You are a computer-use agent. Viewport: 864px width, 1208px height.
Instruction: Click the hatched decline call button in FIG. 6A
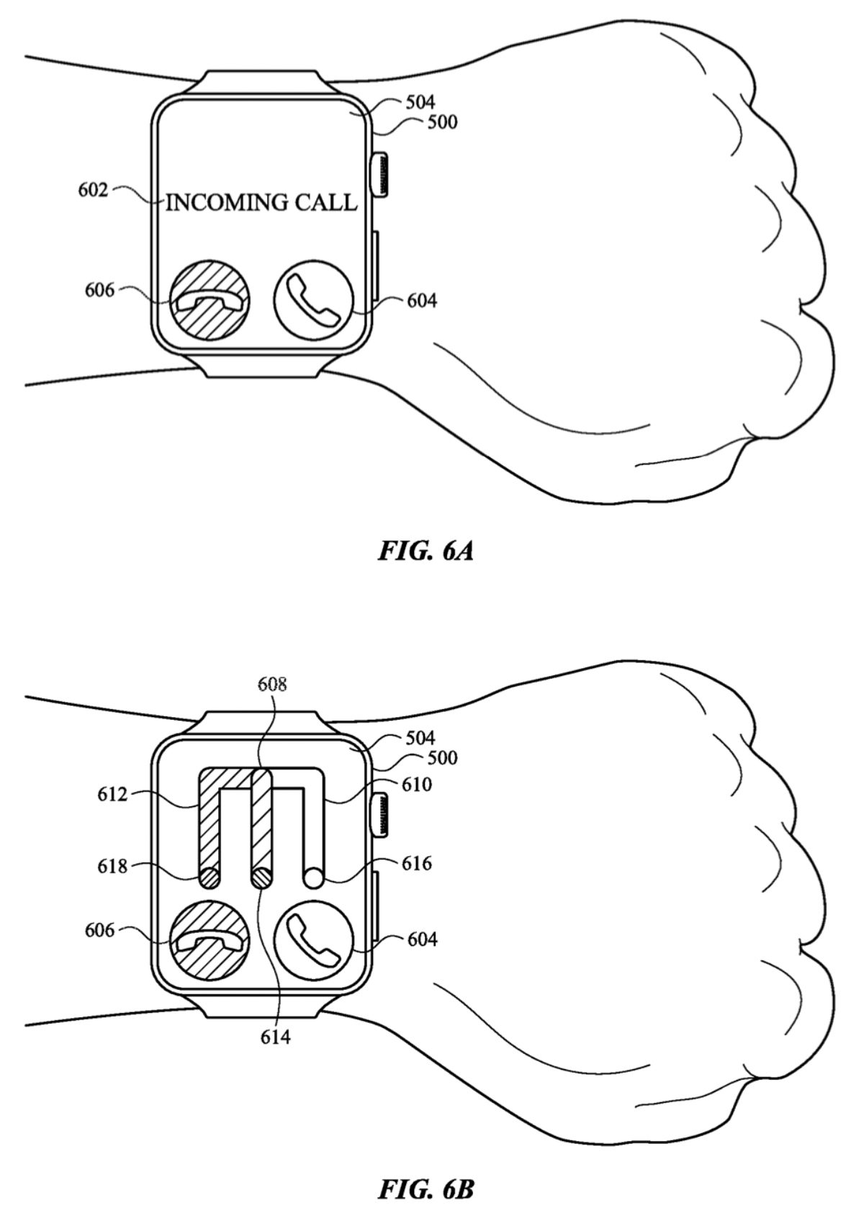[210, 300]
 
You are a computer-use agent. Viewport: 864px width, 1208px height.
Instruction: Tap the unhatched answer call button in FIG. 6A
[314, 300]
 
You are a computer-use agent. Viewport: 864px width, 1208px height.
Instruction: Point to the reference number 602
[93, 191]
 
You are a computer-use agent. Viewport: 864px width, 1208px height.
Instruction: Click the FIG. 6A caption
[426, 551]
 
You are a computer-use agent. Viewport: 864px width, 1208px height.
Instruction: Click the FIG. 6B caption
[426, 1189]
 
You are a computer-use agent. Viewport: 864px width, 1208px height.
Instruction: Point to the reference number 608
[272, 684]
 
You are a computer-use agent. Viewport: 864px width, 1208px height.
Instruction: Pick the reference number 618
[112, 867]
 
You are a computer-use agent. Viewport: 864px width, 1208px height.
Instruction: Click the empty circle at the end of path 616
[313, 878]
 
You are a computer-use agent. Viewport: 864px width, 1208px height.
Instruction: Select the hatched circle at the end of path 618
[209, 878]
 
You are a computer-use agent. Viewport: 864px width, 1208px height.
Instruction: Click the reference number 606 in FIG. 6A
[99, 290]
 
